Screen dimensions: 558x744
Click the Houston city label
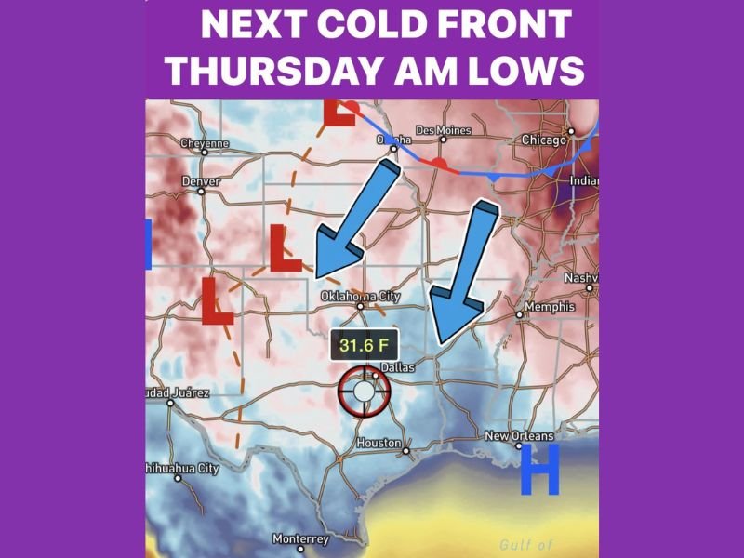[x=379, y=444]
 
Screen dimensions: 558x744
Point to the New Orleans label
[x=519, y=436]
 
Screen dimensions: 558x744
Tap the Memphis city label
[x=550, y=307]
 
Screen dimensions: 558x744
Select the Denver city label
[x=201, y=180]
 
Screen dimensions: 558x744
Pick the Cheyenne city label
[x=204, y=144]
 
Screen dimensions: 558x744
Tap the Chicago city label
[x=544, y=140]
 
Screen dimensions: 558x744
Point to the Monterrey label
[x=300, y=538]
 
